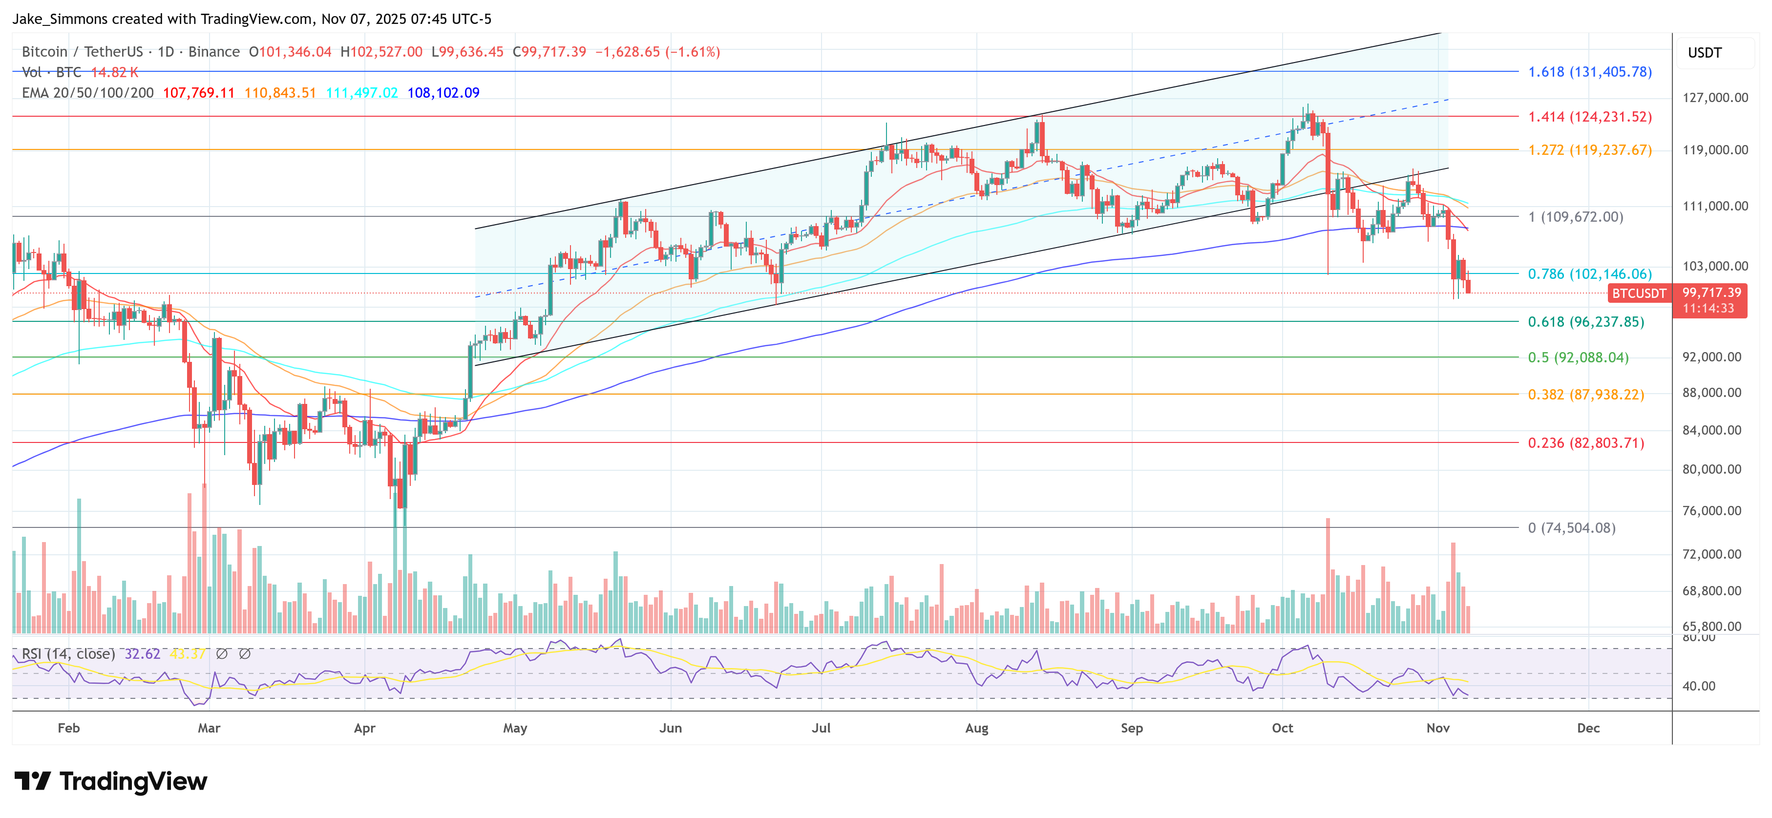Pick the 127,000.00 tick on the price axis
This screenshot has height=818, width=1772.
1715,98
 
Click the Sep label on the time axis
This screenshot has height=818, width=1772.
1132,728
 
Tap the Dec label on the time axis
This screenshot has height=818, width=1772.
1588,728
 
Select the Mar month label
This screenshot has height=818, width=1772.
209,728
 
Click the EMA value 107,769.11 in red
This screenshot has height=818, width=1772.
199,93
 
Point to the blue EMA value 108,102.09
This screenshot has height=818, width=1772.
443,93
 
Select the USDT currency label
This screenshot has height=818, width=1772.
1705,53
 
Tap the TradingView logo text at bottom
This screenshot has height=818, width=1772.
133,781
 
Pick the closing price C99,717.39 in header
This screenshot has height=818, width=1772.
549,52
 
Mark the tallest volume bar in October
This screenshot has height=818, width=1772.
1328,575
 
